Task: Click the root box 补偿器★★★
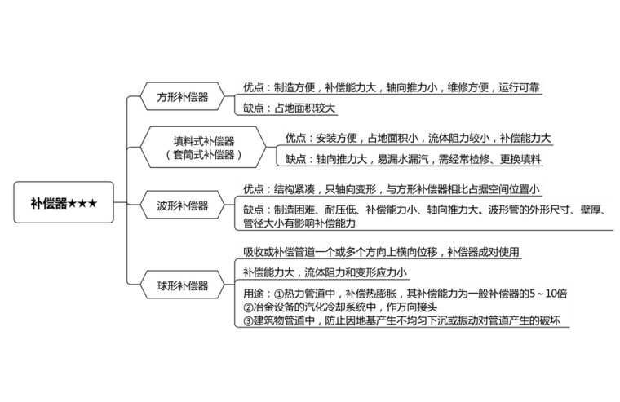pos(64,202)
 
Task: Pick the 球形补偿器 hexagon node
pos(183,285)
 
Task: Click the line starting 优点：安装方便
pos(418,138)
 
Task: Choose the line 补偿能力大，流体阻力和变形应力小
pos(325,272)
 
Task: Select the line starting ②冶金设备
pos(341,307)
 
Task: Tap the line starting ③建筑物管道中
pos(405,321)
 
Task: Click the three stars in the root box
pos(82,202)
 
